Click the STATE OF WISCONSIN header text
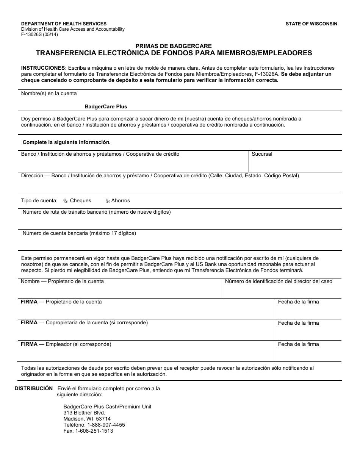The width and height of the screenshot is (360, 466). click(x=311, y=24)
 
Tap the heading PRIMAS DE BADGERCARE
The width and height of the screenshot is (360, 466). click(x=174, y=46)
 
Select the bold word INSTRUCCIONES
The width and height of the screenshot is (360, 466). click(x=44, y=68)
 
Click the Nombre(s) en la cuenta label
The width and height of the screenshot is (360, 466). click(x=49, y=93)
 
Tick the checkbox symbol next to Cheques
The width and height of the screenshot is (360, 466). click(x=65, y=201)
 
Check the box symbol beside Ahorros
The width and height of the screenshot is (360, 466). click(x=108, y=201)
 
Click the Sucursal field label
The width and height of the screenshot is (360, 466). click(x=262, y=154)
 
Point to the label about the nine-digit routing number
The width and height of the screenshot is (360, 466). click(x=97, y=212)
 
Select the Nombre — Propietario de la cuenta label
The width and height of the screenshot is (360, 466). click(x=62, y=281)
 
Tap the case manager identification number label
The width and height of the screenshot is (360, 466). click(x=279, y=281)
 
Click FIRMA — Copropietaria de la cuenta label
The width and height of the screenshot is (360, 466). click(x=84, y=323)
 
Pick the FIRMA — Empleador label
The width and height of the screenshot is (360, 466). click(x=66, y=344)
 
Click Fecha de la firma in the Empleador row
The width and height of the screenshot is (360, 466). click(x=298, y=344)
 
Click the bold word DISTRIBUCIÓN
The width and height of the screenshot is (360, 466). click(x=34, y=388)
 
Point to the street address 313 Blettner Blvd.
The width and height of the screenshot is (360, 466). click(x=84, y=413)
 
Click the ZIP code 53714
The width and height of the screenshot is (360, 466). click(x=103, y=419)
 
